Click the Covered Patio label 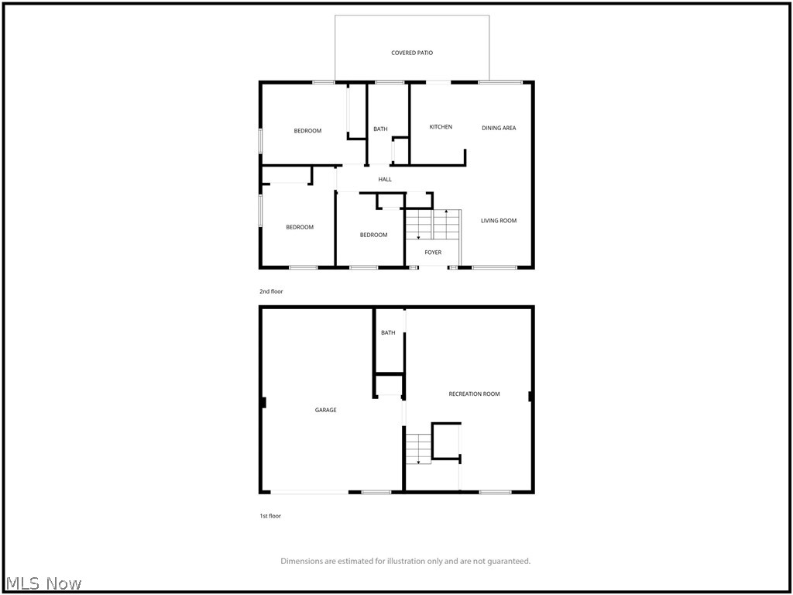pyautogui.click(x=412, y=53)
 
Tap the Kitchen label pyautogui.click(x=441, y=127)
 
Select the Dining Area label pyautogui.click(x=499, y=128)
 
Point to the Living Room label pyautogui.click(x=499, y=221)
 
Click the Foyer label pyautogui.click(x=433, y=252)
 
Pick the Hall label pyautogui.click(x=385, y=180)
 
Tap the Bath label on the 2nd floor pyautogui.click(x=380, y=129)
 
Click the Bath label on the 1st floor pyautogui.click(x=388, y=333)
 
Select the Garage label pyautogui.click(x=325, y=410)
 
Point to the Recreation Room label pyautogui.click(x=474, y=394)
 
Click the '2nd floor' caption pyautogui.click(x=271, y=291)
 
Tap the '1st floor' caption pyautogui.click(x=270, y=516)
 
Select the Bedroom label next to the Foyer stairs pyautogui.click(x=373, y=235)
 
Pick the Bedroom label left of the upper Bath pyautogui.click(x=307, y=131)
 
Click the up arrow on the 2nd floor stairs pyautogui.click(x=446, y=212)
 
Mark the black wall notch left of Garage pyautogui.click(x=263, y=402)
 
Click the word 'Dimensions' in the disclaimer pyautogui.click(x=302, y=561)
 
